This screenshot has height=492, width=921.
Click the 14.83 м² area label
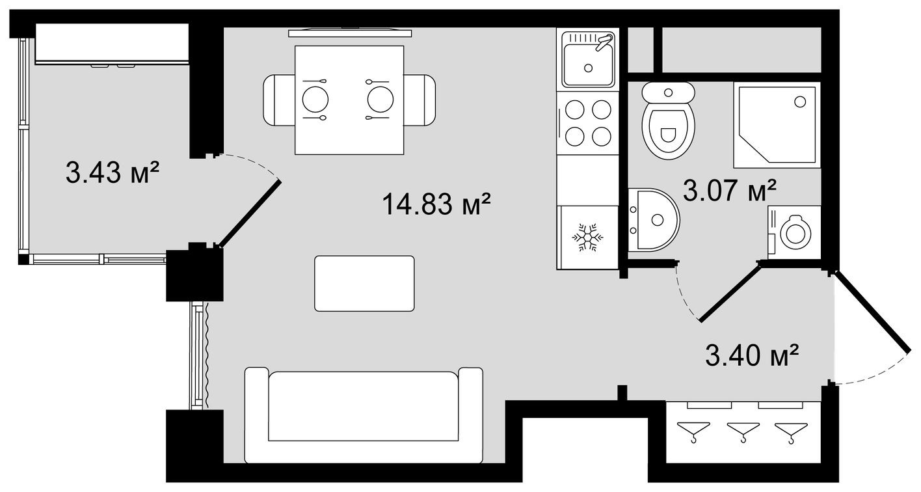pos(435,204)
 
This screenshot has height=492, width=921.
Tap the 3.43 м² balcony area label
pos(113,174)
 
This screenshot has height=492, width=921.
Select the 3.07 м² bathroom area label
pos(729,191)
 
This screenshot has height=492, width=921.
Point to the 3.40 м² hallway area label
pos(752,355)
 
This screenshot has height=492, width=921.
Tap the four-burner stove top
pos(588,123)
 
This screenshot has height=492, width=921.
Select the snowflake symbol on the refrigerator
pos(587,238)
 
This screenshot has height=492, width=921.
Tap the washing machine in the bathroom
pos(794,231)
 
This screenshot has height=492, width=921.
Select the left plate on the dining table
pos(315,100)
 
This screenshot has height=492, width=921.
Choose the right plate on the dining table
pos(380,100)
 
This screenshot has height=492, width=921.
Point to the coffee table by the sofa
pos(364,283)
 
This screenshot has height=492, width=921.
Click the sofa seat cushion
pos(364,407)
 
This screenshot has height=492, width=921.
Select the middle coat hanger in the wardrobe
pos(742,430)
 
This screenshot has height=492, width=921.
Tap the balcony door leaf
pos(250,214)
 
